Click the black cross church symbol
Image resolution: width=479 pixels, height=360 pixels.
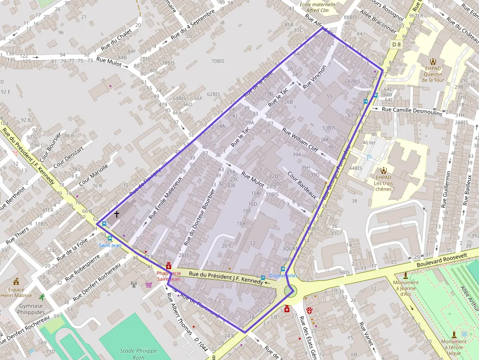[x=116, y=214]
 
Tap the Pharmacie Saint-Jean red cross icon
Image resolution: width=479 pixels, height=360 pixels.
[x=169, y=266]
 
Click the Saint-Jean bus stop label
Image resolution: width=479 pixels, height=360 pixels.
[x=110, y=245]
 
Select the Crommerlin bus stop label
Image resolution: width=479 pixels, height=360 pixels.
[x=283, y=276]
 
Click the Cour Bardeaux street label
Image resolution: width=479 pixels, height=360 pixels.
[x=302, y=185]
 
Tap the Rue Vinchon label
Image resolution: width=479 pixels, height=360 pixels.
[x=314, y=77]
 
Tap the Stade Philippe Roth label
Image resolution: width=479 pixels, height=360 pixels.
[x=139, y=354]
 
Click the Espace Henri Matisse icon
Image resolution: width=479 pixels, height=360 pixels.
[x=16, y=281]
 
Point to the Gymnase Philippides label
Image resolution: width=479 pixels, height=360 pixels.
[x=31, y=309]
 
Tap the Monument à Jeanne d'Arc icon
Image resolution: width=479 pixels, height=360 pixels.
[x=405, y=275]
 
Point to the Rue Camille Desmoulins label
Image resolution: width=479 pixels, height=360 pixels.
[x=412, y=111]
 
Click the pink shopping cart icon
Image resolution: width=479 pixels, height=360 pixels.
[x=149, y=284]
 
